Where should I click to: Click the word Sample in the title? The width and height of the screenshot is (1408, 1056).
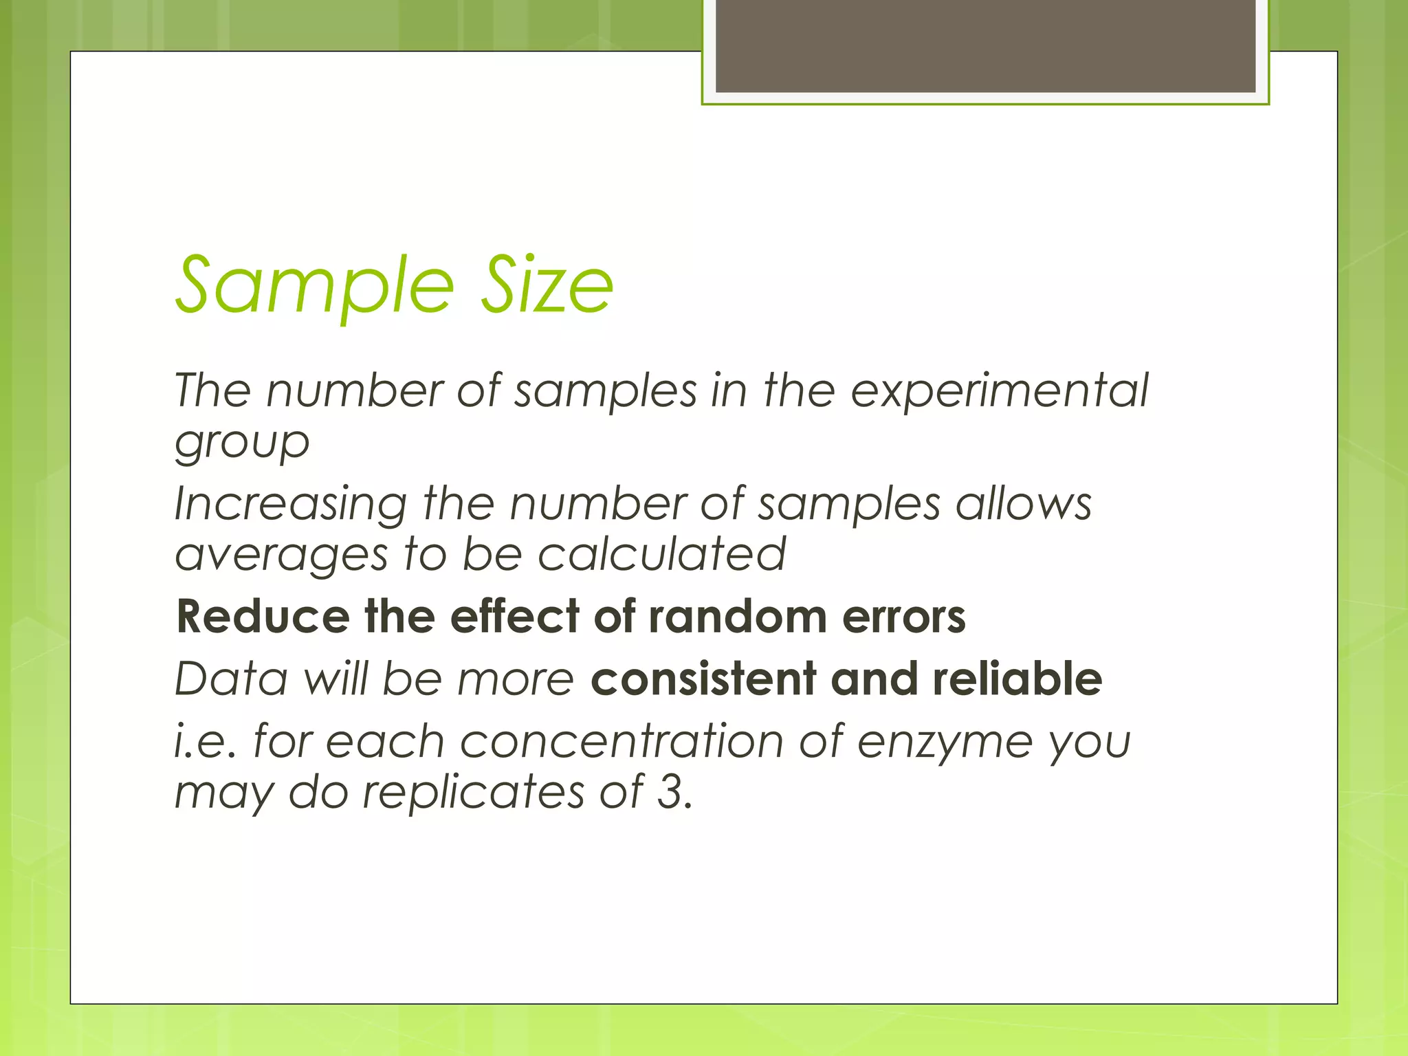pyautogui.click(x=315, y=285)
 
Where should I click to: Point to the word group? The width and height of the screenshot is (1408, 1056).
pyautogui.click(x=242, y=443)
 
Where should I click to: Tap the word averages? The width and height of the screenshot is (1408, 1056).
pyautogui.click(x=281, y=555)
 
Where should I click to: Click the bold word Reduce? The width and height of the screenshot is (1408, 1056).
pyautogui.click(x=263, y=616)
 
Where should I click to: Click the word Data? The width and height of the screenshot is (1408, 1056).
pyautogui.click(x=231, y=679)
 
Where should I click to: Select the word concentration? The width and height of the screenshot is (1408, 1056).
pyautogui.click(x=621, y=742)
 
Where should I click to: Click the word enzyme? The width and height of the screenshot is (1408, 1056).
pyautogui.click(x=945, y=743)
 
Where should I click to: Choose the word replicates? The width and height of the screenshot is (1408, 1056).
pyautogui.click(x=473, y=793)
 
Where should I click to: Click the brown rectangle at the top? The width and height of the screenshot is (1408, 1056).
pyautogui.click(x=985, y=45)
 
